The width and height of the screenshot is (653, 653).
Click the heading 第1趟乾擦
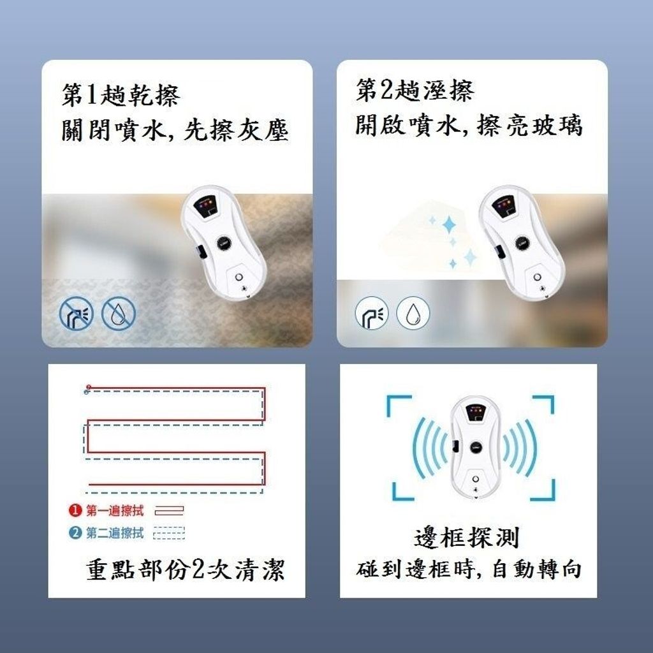point(121,95)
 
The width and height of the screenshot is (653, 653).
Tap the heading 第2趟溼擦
point(415,90)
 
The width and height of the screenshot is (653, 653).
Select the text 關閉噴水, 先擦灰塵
point(175,129)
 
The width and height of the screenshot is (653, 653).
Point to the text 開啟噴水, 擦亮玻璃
point(469,124)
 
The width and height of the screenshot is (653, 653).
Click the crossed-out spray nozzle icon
point(77,313)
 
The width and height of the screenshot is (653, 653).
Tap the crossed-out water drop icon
point(119,313)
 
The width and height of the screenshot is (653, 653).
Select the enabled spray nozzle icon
point(372,312)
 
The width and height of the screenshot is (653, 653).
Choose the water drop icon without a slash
point(413,312)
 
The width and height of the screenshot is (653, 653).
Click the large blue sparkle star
point(450,225)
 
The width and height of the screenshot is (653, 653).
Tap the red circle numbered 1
point(75,510)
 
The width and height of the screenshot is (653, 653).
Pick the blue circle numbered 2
point(75,532)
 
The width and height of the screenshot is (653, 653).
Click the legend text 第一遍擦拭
point(115,511)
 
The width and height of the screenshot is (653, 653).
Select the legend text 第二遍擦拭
point(115,532)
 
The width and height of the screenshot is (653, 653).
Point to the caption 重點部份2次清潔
point(186,569)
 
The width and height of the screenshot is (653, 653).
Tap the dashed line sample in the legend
point(169,533)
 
